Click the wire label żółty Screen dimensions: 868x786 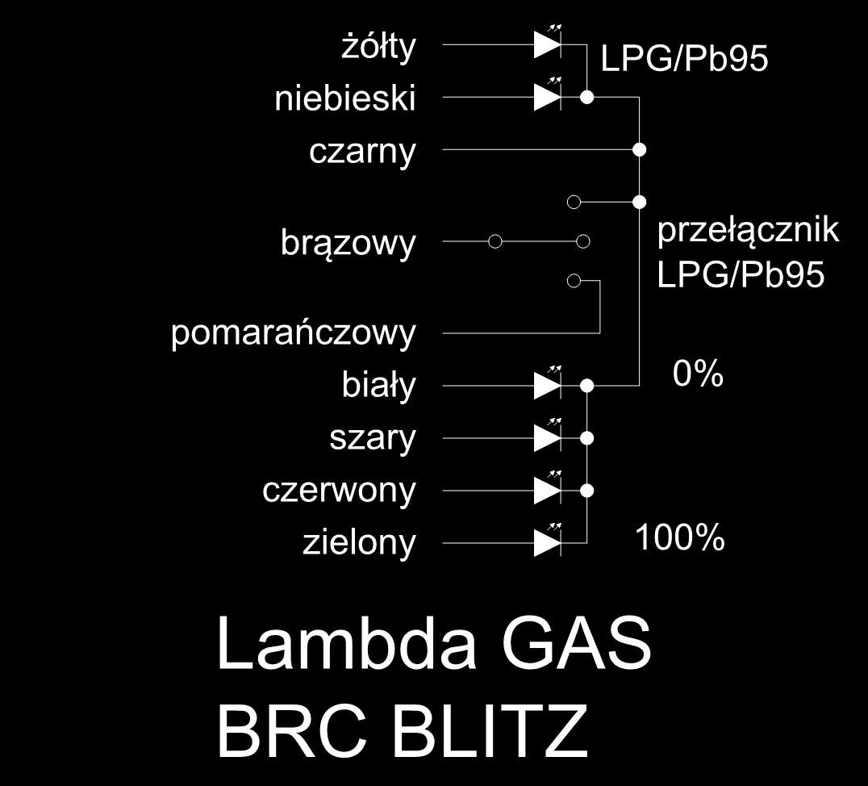click(x=378, y=47)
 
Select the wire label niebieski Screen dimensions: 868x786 click(x=345, y=99)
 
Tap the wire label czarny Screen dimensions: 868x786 click(x=362, y=153)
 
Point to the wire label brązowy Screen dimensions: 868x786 click(x=348, y=244)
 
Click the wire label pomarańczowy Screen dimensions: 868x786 click(x=294, y=334)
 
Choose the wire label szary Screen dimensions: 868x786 click(x=372, y=438)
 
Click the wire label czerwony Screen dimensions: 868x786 click(x=339, y=491)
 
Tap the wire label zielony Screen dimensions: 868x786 click(x=359, y=542)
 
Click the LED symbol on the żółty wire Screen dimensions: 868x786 click(x=548, y=41)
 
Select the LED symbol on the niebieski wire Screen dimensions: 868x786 click(x=548, y=94)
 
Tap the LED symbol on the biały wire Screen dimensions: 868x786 click(x=548, y=383)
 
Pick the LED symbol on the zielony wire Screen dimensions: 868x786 click(x=548, y=541)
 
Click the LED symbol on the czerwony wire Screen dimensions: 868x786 click(x=548, y=488)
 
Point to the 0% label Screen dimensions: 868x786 click(x=698, y=374)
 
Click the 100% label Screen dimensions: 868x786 click(x=680, y=537)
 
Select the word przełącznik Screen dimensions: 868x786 click(x=748, y=230)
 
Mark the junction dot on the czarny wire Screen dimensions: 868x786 click(x=640, y=149)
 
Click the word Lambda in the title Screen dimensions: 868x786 click(x=347, y=642)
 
